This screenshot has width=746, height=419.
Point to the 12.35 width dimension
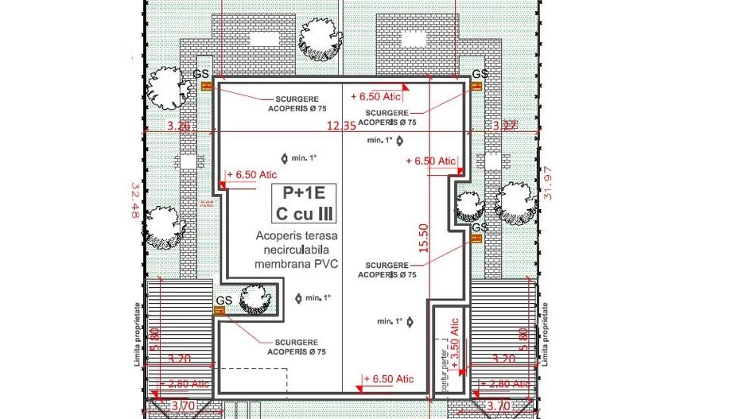342,126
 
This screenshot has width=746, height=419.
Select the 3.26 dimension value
179,126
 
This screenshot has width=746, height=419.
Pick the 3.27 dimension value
505,126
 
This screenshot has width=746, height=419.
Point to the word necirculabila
294,249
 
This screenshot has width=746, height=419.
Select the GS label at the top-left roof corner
202,74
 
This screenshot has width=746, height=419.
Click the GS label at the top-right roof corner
480,74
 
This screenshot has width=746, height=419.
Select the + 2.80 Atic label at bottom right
504,383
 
